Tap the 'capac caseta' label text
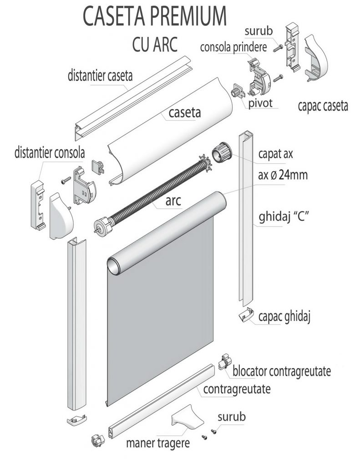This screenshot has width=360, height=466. (323, 106)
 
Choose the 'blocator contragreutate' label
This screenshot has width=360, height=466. (281, 371)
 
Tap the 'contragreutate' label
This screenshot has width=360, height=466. (237, 389)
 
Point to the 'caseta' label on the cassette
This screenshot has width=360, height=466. (185, 111)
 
